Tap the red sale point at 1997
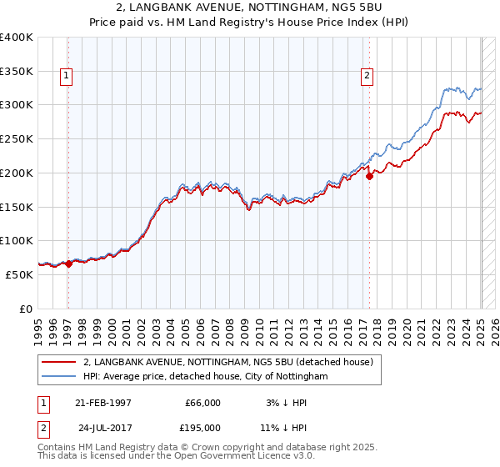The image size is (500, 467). tap(68, 264)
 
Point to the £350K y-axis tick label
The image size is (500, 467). tap(17, 72)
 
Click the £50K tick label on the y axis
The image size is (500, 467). tap(20, 274)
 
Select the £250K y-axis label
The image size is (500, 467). tap(17, 139)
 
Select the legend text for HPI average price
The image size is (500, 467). tap(206, 376)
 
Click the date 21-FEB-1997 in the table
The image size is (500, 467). tap(103, 403)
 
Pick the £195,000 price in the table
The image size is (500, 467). tap(203, 427)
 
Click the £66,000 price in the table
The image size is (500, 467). tap(203, 403)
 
